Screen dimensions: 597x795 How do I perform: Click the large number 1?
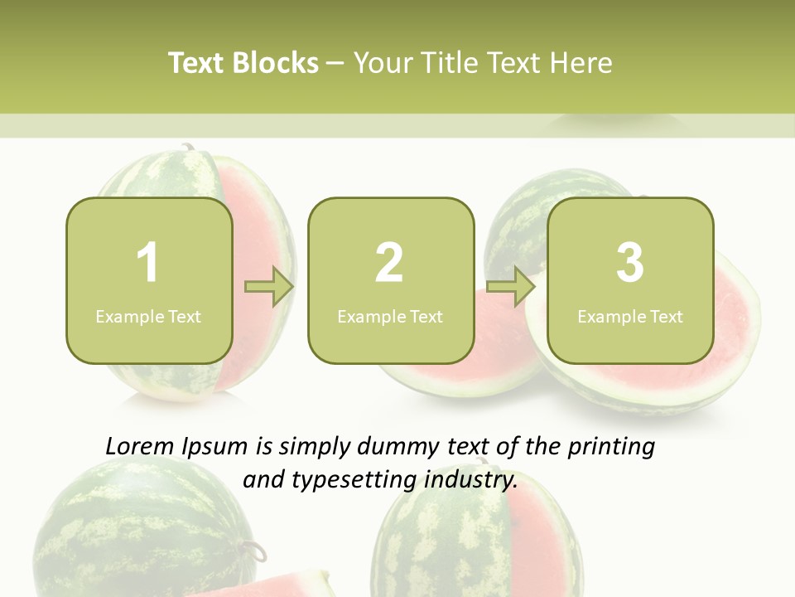click(x=147, y=263)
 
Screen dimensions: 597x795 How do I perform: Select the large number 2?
click(x=389, y=263)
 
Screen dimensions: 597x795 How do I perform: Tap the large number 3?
click(x=630, y=263)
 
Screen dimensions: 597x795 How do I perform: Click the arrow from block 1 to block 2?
click(x=269, y=287)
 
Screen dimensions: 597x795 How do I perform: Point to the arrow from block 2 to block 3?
click(x=511, y=287)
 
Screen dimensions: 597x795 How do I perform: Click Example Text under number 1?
click(x=148, y=316)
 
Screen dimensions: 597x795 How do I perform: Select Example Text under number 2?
click(x=390, y=316)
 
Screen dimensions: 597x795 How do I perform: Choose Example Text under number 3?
click(x=630, y=316)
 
